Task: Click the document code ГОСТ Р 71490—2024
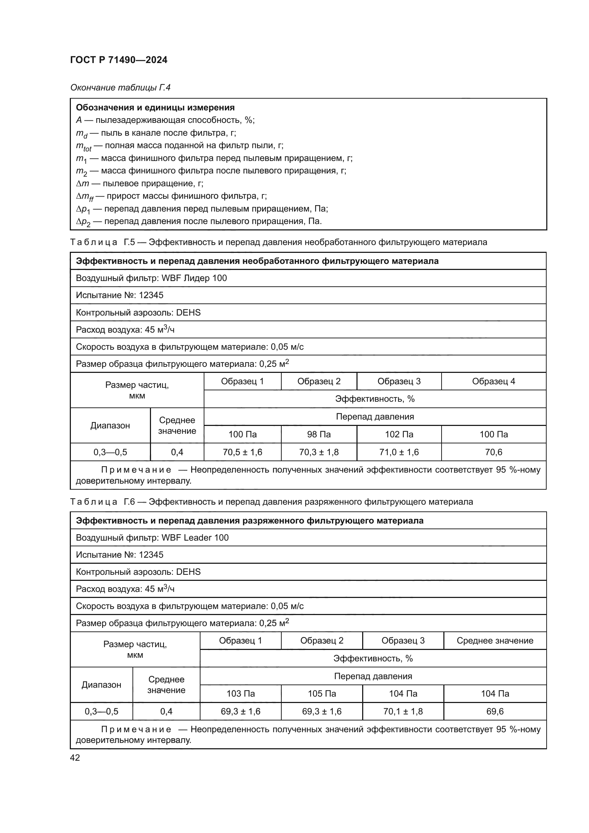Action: click(x=119, y=60)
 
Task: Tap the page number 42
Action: click(x=75, y=757)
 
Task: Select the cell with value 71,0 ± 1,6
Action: click(x=399, y=452)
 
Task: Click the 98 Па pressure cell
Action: click(x=319, y=434)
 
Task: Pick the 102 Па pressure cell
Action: click(x=399, y=434)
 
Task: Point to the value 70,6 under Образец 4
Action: click(x=494, y=452)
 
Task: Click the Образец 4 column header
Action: click(x=494, y=381)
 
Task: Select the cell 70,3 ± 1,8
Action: click(x=319, y=452)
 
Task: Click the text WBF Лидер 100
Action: click(x=194, y=278)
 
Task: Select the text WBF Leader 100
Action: click(x=195, y=538)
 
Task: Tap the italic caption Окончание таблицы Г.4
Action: click(x=120, y=88)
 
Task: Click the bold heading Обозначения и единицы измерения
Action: click(x=155, y=108)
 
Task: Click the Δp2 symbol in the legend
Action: click(x=83, y=222)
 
